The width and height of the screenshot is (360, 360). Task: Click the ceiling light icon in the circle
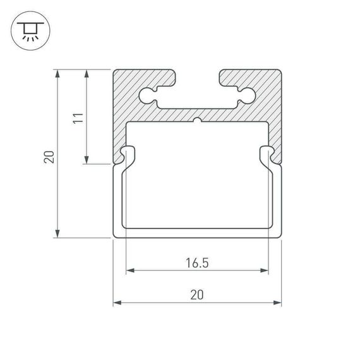pos(29,30)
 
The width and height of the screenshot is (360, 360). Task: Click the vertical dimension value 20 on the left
pos(49,156)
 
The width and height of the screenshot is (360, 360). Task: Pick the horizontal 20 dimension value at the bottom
pos(197,294)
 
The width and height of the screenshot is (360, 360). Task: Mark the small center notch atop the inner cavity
pos(197,120)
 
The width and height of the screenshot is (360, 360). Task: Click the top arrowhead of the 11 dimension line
pos(86,73)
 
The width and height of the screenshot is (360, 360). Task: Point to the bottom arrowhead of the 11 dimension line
pos(86,160)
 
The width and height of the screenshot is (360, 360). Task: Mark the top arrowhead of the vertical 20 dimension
pos(58,73)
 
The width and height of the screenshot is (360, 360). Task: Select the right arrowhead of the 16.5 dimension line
pos(265,272)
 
